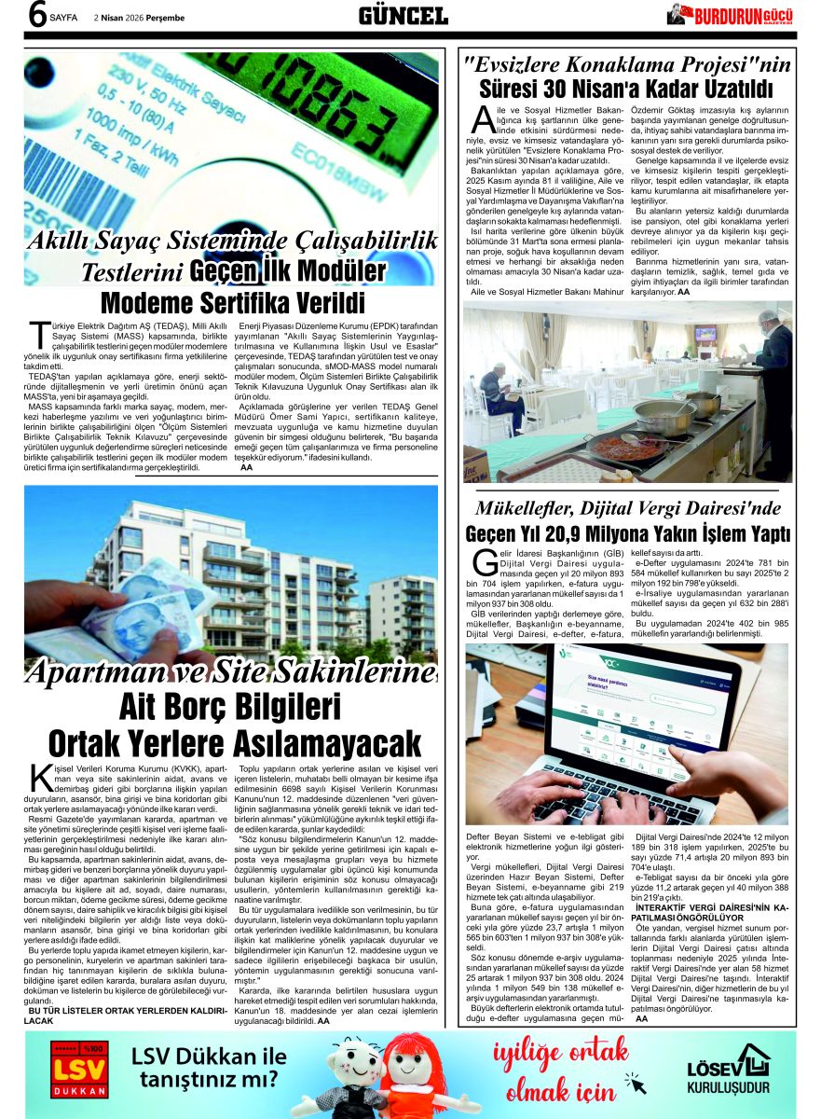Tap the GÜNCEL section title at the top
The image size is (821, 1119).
[x=404, y=16]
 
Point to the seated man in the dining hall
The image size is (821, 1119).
[x=497, y=392]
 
